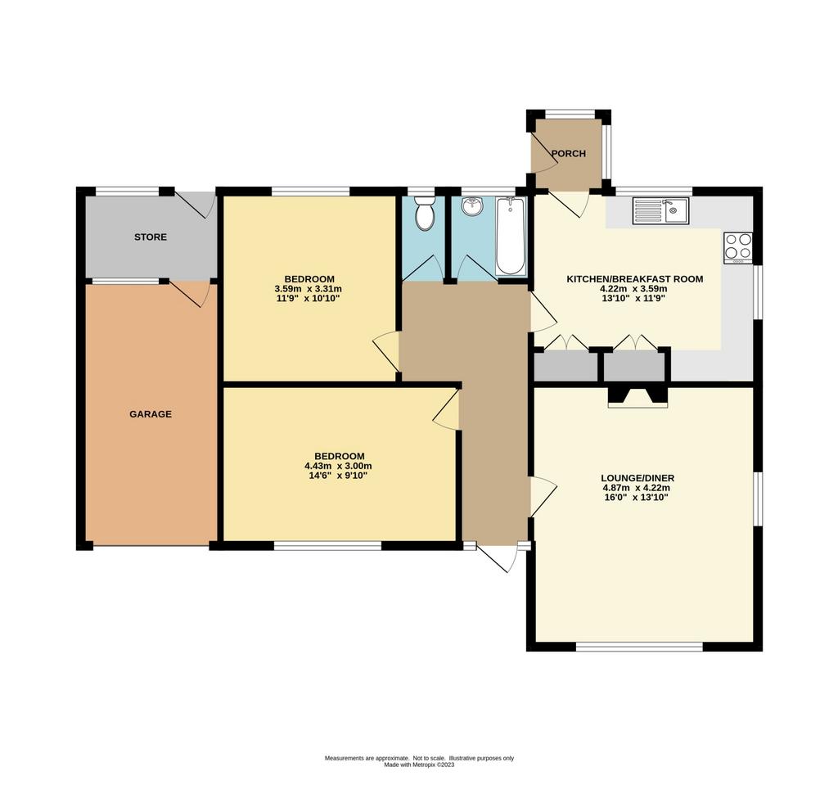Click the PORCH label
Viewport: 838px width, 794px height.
click(568, 153)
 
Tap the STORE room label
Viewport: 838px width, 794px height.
click(151, 237)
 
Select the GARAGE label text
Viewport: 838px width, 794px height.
click(151, 414)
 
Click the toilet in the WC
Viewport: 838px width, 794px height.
click(426, 214)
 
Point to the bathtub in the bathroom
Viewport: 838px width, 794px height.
click(511, 236)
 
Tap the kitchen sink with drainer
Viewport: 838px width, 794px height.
click(661, 210)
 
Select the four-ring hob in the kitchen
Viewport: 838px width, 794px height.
click(738, 247)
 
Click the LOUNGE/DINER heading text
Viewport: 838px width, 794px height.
click(638, 478)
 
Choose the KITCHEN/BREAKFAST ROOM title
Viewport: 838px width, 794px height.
click(635, 278)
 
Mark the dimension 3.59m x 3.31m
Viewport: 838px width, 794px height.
click(308, 289)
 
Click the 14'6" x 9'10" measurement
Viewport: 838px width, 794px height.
click(338, 476)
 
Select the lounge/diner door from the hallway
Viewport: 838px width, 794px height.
click(543, 497)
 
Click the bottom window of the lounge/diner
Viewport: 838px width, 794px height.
click(639, 647)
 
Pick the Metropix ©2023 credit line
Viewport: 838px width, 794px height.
click(419, 765)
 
